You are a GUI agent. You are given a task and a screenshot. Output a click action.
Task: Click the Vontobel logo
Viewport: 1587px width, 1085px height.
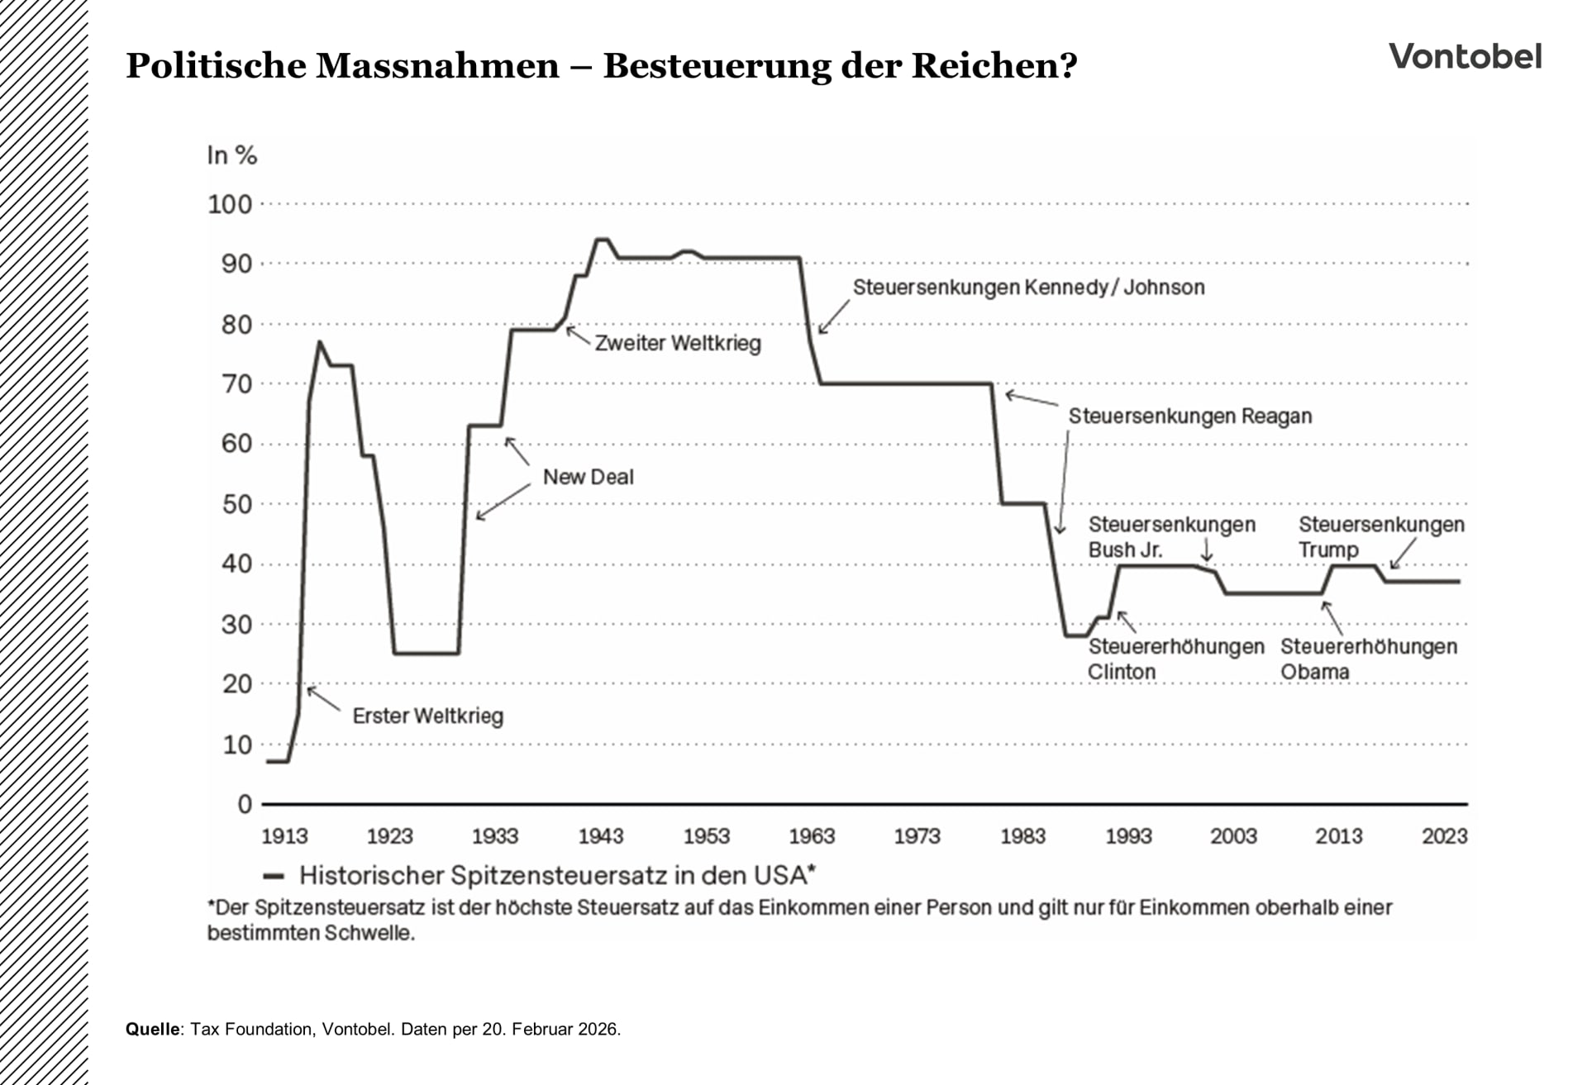click(x=1465, y=57)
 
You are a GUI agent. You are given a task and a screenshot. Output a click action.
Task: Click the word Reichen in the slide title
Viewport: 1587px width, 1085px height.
click(x=994, y=66)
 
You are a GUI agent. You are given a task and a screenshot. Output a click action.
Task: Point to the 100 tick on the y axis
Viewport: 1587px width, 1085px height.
click(x=230, y=204)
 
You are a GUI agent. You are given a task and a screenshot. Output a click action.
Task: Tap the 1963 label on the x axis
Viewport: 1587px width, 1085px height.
click(x=812, y=836)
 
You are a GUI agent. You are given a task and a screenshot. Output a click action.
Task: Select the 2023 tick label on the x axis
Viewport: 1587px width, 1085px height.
click(x=1444, y=836)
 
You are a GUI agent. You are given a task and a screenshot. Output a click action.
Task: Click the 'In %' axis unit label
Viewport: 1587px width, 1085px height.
click(x=232, y=155)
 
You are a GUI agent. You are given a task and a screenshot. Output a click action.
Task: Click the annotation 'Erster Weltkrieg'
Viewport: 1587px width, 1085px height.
click(x=427, y=716)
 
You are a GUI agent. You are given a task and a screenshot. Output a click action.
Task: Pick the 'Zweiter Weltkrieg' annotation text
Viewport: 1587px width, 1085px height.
click(x=678, y=343)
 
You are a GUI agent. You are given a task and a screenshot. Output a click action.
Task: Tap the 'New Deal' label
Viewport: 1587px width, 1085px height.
click(x=588, y=477)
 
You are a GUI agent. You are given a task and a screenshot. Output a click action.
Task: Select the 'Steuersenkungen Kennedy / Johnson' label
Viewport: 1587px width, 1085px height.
click(x=1028, y=288)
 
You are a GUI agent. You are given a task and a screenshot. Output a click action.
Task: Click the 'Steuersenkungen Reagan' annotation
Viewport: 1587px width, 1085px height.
click(x=1189, y=416)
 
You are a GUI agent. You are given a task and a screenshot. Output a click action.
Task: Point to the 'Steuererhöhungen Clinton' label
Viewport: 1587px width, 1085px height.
click(x=1175, y=659)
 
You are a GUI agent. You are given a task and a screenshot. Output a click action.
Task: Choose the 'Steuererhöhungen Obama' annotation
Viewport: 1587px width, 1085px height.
click(x=1368, y=659)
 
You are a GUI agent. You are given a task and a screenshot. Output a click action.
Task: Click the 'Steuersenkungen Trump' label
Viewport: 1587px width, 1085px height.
click(x=1380, y=536)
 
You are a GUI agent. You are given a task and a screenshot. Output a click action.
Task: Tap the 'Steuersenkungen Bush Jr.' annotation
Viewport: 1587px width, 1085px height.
click(x=1170, y=536)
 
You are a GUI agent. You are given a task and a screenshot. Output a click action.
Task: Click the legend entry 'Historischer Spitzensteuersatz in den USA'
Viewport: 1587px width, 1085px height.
click(x=556, y=875)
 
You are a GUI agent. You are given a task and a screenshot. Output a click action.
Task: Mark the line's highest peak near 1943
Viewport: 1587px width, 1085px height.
click(x=603, y=240)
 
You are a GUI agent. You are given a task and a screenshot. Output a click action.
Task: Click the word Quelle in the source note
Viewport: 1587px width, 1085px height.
click(x=152, y=1029)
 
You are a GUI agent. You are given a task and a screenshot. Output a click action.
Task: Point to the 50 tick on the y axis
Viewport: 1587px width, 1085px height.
click(x=236, y=504)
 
